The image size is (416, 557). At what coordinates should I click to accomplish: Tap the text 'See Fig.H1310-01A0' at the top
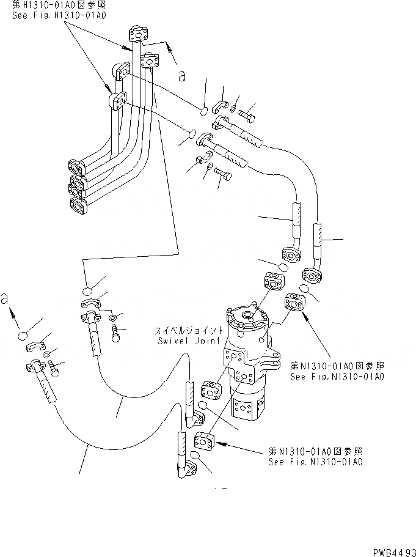(59, 15)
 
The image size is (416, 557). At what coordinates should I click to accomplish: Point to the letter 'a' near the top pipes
(182, 75)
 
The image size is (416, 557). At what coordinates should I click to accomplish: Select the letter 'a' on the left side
(5, 298)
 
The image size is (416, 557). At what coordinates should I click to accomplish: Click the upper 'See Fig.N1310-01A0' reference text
(337, 377)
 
